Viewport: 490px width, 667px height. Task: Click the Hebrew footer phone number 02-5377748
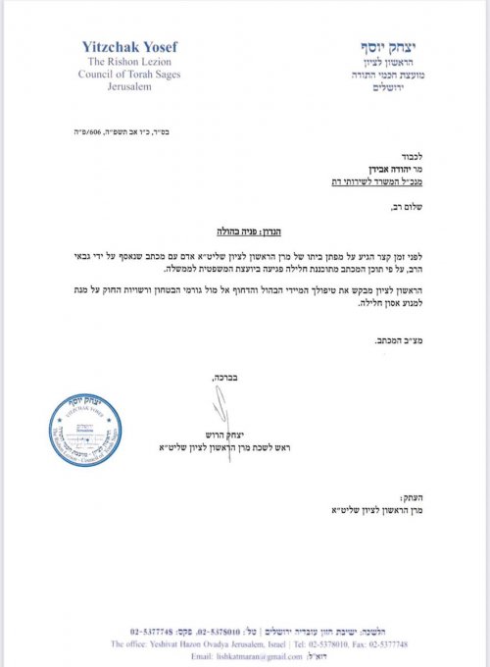point(152,629)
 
